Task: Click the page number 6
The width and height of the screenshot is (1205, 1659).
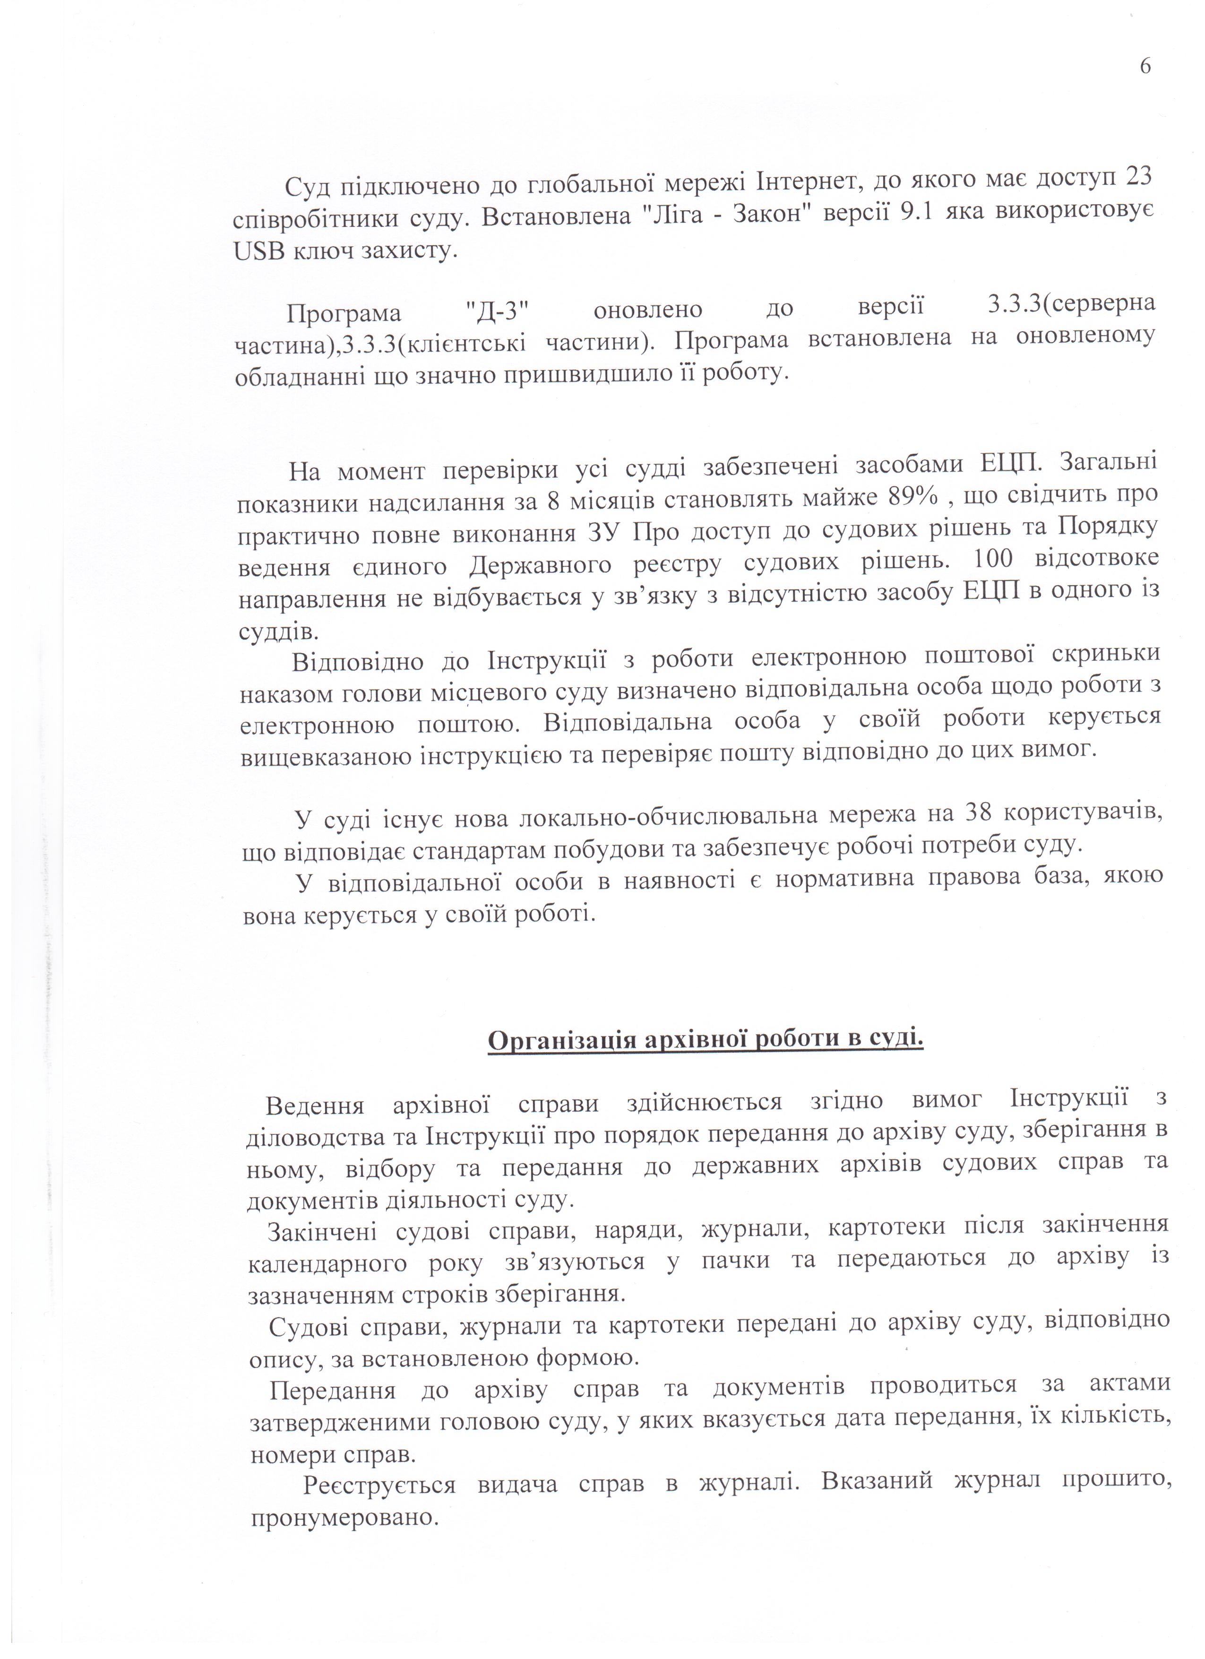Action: coord(1145,67)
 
